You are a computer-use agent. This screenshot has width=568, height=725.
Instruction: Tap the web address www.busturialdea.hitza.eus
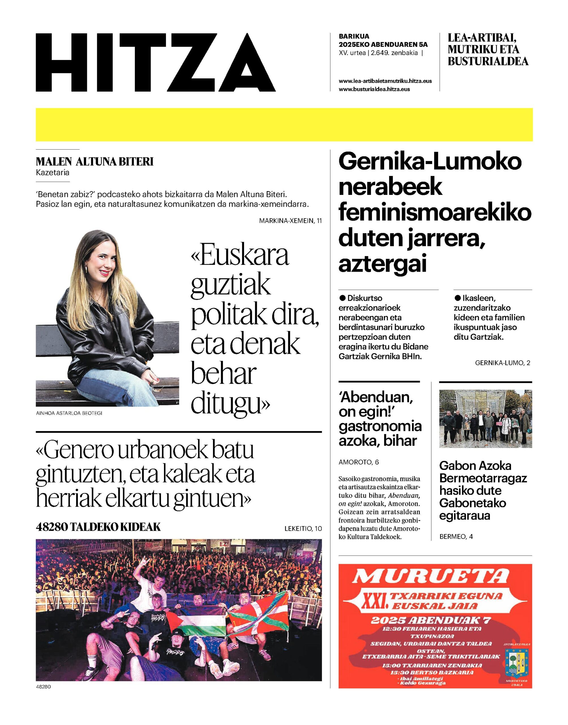(374, 89)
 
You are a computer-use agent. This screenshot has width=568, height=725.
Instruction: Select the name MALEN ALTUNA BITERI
(95, 162)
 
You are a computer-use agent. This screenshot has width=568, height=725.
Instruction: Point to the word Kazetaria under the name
(53, 172)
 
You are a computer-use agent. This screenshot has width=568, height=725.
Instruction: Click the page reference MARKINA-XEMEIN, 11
(290, 221)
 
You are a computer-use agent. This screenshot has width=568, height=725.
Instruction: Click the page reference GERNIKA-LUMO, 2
(503, 363)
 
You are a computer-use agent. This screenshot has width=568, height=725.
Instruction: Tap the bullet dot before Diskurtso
(342, 298)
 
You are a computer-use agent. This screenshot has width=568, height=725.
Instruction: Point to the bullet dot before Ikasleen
(457, 298)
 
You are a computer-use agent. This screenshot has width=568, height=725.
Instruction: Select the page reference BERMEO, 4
(456, 536)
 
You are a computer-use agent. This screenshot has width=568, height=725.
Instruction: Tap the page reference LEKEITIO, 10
(303, 529)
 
